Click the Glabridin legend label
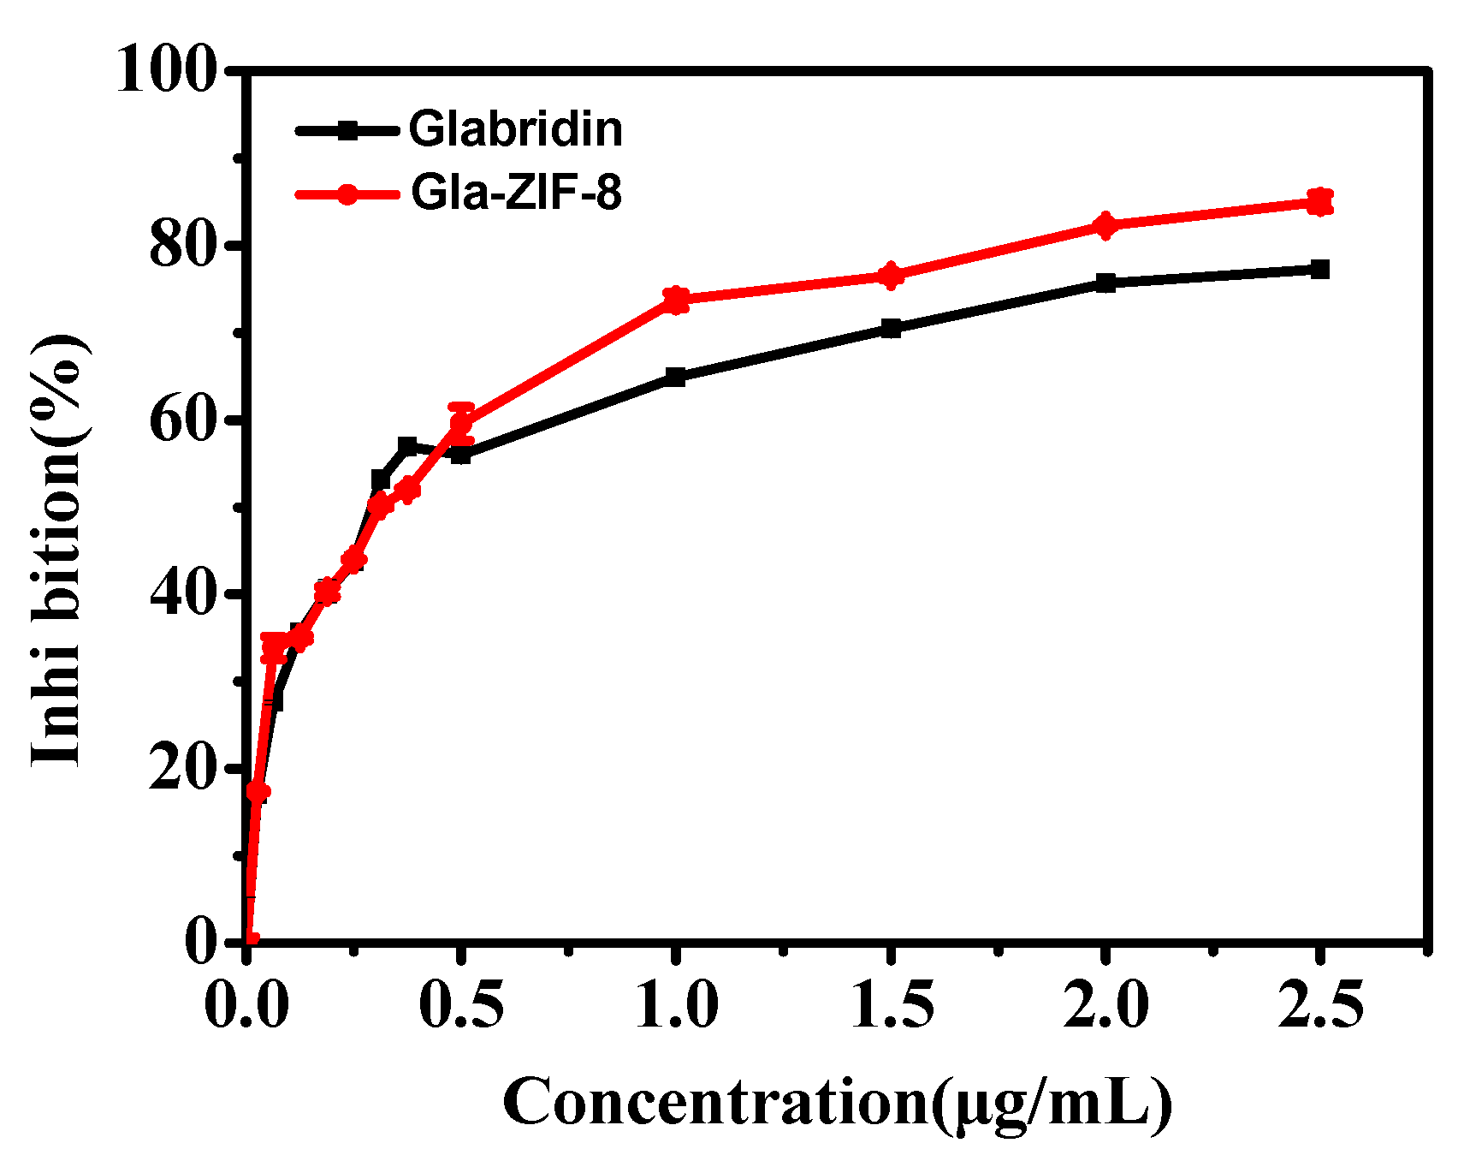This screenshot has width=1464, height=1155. pos(515,129)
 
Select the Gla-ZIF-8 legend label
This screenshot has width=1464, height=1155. pos(516,193)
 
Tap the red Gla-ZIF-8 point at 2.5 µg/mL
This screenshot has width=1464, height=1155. pos(1320,202)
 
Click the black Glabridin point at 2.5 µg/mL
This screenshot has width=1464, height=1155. pos(1320,269)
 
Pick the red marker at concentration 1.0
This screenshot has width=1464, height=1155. pos(676,300)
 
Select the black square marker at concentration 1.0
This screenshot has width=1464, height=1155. pos(676,377)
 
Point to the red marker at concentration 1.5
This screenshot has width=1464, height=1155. pos(891,276)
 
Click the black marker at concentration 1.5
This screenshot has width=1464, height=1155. pos(891,328)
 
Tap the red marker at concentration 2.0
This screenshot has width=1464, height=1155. pos(1105,226)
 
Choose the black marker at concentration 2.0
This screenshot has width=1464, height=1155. pos(1105,283)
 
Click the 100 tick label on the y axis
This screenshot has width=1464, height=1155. pos(164,70)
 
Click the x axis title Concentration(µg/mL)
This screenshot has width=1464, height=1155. pos(837,1104)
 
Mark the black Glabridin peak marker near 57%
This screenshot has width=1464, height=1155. pos(407,446)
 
